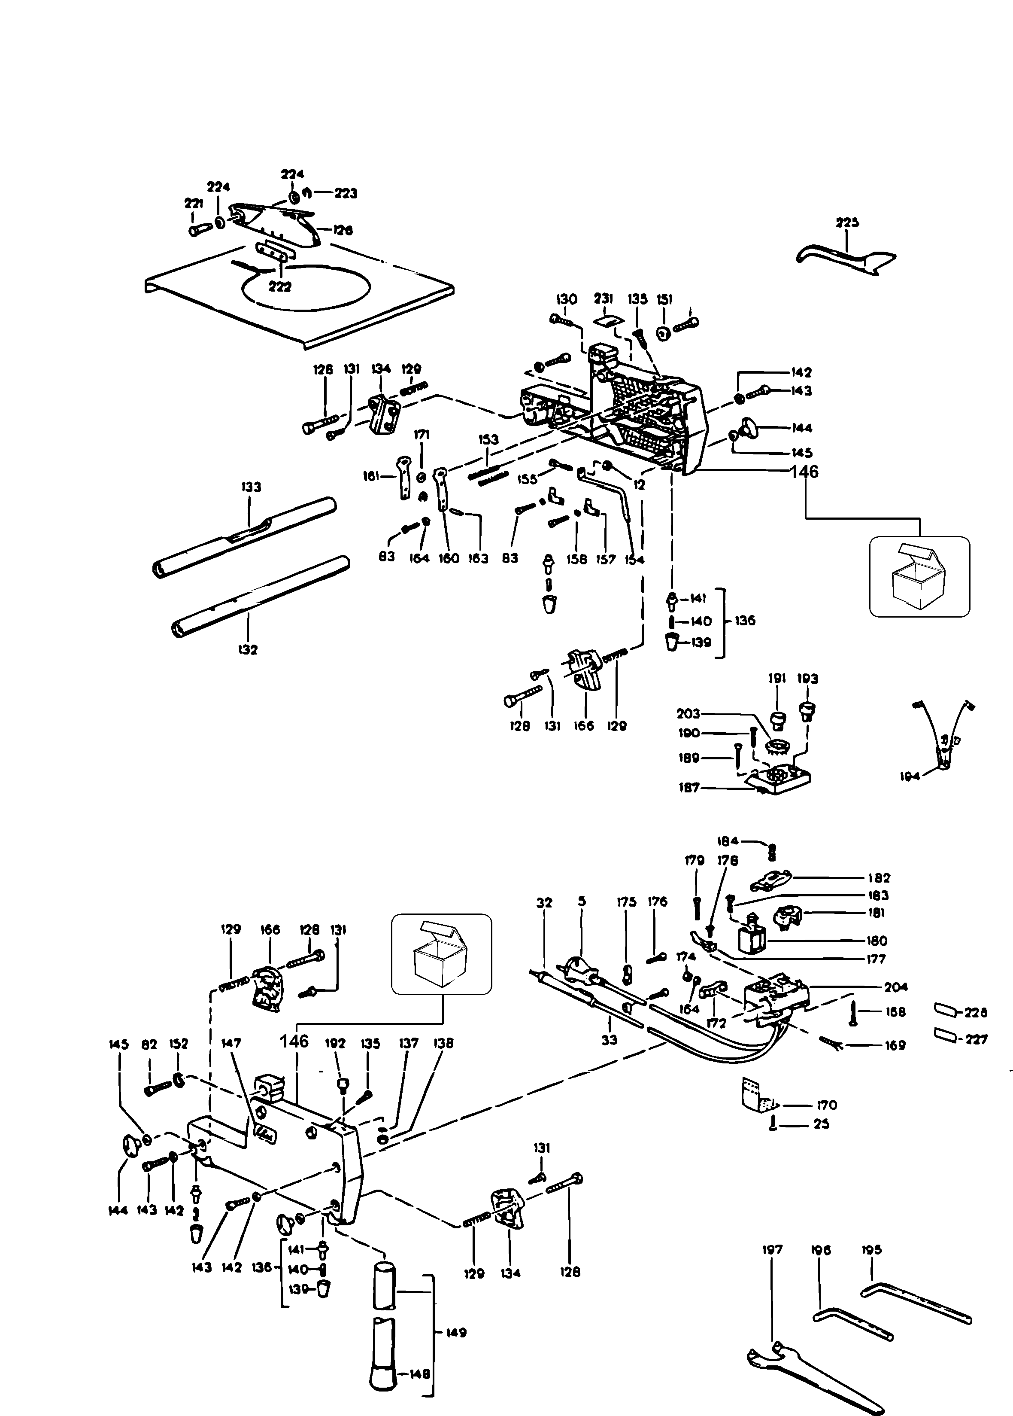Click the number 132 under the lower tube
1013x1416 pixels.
248,650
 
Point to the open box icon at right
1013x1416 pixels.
919,577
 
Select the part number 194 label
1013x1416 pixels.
910,777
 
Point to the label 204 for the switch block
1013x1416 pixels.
896,987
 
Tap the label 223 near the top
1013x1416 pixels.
346,193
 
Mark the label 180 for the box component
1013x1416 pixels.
877,941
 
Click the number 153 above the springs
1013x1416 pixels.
488,439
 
